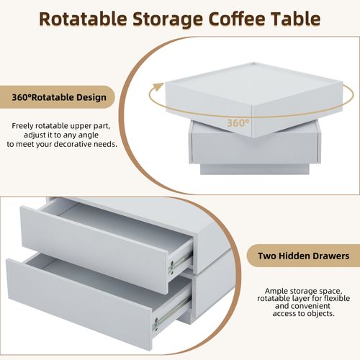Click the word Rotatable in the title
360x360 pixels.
point(83,19)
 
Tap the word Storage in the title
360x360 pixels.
point(168,19)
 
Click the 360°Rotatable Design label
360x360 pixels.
point(59,97)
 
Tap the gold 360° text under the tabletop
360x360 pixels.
point(238,123)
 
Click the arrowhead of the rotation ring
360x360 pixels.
point(158,86)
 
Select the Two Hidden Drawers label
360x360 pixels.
point(304,256)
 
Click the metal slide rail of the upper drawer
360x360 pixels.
point(181,263)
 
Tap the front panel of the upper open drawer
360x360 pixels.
point(94,250)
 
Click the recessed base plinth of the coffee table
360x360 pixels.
point(254,169)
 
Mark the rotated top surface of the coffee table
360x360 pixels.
point(254,84)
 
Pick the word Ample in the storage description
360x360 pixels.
point(276,292)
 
